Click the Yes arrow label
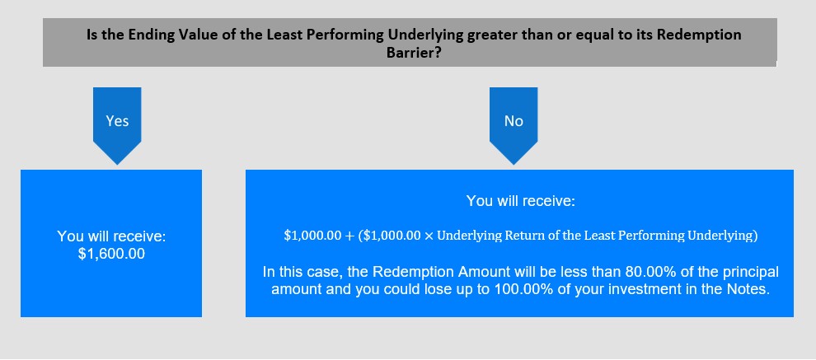click(x=117, y=121)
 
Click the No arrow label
click(x=514, y=121)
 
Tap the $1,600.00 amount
click(x=111, y=255)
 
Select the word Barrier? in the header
click(x=414, y=53)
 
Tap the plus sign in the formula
click(x=349, y=236)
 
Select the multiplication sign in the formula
click(x=429, y=236)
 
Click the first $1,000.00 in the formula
click(x=312, y=236)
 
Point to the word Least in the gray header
click(x=282, y=35)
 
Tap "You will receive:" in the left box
click(x=111, y=236)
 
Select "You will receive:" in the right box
click(x=520, y=201)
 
